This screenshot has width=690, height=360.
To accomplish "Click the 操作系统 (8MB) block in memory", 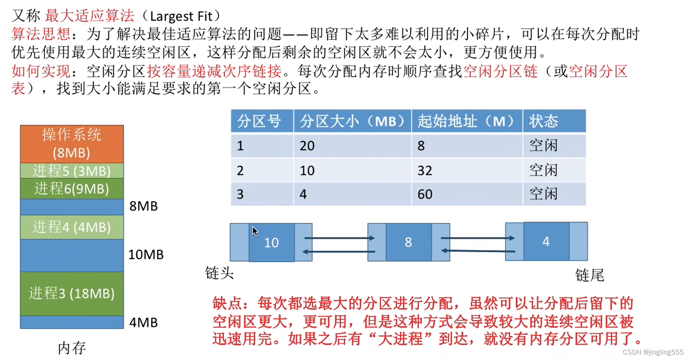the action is click(71, 144).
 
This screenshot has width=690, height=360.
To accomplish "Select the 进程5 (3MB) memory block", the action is click(71, 171).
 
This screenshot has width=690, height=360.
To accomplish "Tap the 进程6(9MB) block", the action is click(71, 189).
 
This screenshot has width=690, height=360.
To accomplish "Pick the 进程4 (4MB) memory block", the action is click(71, 227).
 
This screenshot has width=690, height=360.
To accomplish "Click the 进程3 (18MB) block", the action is click(71, 293).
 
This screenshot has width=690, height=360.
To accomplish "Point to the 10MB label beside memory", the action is click(145, 254).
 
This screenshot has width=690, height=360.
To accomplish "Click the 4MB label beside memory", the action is click(143, 323).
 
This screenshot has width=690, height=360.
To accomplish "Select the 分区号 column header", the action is click(259, 122).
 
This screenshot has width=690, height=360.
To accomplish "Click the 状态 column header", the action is click(544, 122).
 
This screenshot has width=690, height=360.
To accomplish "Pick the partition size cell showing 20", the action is click(307, 146).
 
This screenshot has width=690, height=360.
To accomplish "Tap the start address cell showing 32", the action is click(425, 170).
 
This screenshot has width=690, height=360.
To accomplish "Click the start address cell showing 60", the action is click(425, 194).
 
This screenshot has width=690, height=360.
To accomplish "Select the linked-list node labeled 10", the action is click(271, 243).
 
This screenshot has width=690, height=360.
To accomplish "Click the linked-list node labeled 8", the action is click(408, 242).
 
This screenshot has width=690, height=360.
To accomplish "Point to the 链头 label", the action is click(219, 273).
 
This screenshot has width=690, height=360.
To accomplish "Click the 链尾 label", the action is click(590, 275).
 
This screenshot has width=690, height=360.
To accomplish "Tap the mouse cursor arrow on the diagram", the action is click(255, 231).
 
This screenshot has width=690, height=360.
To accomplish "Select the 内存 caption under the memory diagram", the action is click(72, 348).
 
